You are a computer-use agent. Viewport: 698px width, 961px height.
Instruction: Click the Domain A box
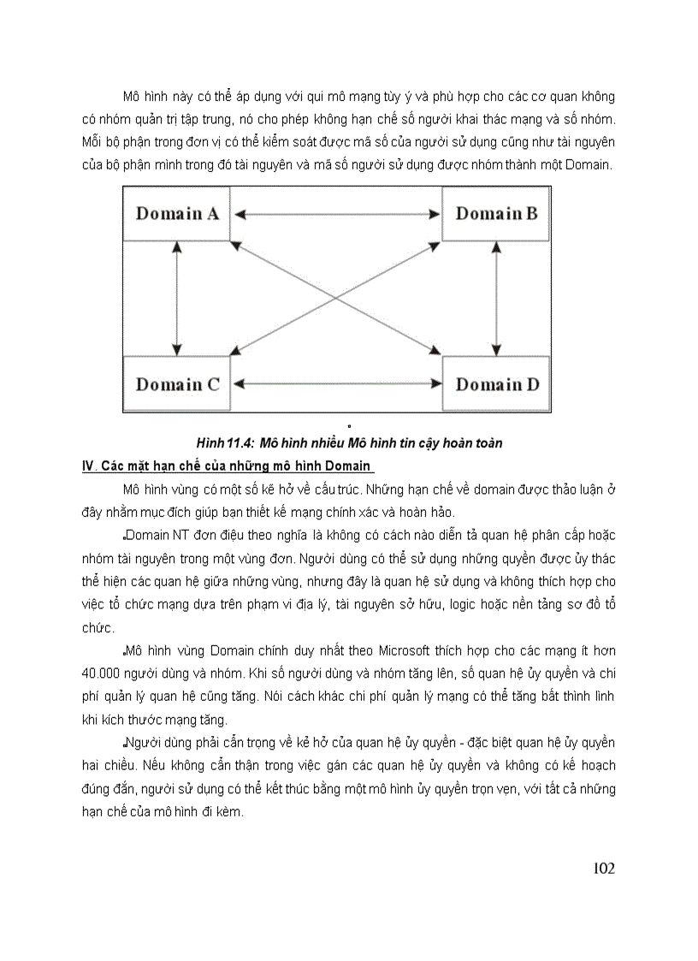[x=177, y=213]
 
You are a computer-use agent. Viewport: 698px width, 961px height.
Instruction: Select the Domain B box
[x=496, y=213]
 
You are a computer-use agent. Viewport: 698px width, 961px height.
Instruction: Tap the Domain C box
[x=177, y=384]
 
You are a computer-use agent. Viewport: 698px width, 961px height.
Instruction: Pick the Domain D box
[x=497, y=384]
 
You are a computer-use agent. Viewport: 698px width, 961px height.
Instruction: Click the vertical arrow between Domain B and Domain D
[x=497, y=299]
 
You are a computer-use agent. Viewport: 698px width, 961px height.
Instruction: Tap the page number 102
[x=603, y=869]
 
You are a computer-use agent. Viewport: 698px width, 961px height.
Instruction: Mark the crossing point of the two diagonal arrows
[x=336, y=298]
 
